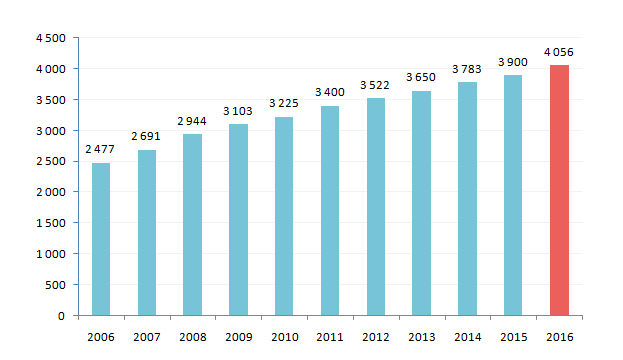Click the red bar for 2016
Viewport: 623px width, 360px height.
559,190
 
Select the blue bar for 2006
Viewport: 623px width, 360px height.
101,239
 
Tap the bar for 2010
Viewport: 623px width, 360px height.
284,216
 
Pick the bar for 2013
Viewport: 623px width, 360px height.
421,203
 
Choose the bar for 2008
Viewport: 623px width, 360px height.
192,225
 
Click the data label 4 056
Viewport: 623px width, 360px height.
559,52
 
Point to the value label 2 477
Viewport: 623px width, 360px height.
100,149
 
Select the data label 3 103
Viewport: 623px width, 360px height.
238,111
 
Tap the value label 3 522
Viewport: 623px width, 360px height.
375,85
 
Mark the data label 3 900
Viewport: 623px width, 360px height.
513,62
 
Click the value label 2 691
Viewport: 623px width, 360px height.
146,136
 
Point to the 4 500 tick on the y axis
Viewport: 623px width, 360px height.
51,38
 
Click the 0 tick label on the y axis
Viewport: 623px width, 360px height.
61,316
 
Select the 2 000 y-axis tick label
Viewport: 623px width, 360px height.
51,192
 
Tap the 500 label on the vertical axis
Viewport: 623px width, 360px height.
55,285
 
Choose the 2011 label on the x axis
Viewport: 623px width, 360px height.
330,337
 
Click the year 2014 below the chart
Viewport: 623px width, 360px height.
468,337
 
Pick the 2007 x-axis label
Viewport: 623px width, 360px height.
147,337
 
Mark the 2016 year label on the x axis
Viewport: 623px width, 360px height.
560,337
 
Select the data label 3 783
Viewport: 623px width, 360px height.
467,69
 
